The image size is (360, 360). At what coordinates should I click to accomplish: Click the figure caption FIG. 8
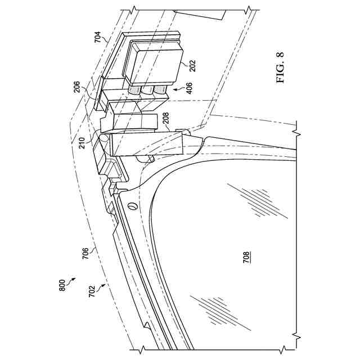281,68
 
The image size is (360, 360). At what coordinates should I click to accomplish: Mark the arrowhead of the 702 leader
106,285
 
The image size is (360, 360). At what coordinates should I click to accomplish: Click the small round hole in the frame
133,207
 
